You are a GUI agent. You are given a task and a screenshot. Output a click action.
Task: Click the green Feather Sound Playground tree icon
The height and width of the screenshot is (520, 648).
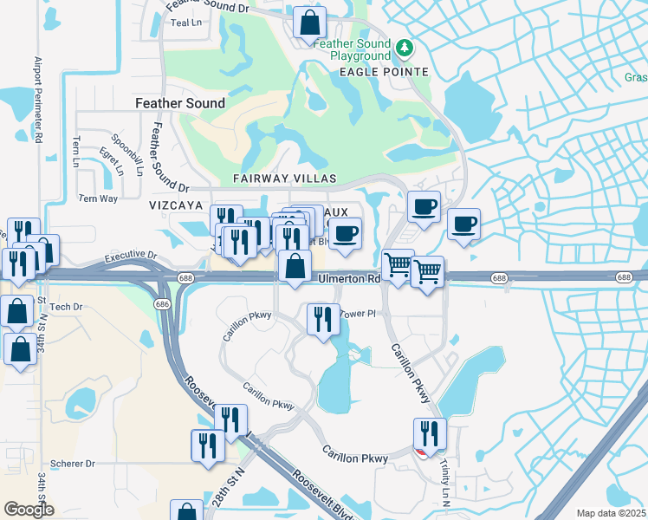click(x=404, y=45)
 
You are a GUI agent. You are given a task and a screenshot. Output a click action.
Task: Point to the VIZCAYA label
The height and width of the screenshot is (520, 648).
click(x=175, y=205)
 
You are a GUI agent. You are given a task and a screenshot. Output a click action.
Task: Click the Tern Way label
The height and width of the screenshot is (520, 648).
click(x=98, y=198)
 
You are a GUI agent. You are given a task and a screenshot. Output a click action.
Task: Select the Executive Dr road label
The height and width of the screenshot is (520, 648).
click(x=129, y=257)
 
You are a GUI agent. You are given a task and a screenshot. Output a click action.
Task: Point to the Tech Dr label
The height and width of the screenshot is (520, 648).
click(x=66, y=307)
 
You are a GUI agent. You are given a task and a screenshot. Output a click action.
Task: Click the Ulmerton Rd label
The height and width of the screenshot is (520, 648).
click(x=350, y=278)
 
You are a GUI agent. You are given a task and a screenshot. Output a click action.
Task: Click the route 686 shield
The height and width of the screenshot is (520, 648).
click(x=162, y=304)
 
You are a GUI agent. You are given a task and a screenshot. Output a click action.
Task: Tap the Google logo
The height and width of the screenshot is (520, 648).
click(x=29, y=510)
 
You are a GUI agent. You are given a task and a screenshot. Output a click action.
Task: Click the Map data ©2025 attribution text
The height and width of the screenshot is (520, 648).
click(x=611, y=513)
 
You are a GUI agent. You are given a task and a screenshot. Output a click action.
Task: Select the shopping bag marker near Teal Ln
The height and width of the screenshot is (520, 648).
click(x=309, y=23)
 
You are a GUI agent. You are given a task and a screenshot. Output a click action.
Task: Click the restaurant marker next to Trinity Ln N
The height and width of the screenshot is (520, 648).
click(x=429, y=433)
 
